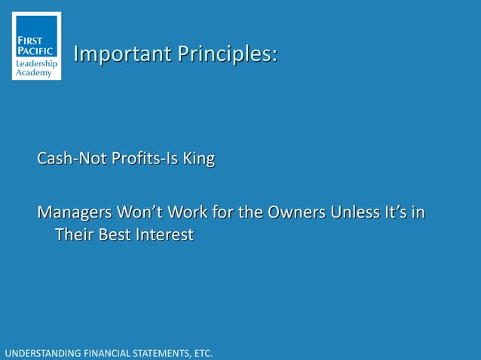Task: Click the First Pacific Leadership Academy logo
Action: pos(36,46)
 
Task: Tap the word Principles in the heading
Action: pos(226,54)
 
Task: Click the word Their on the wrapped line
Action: pos(75,235)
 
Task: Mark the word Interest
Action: pos(166,235)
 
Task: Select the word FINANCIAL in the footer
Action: pos(106,352)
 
